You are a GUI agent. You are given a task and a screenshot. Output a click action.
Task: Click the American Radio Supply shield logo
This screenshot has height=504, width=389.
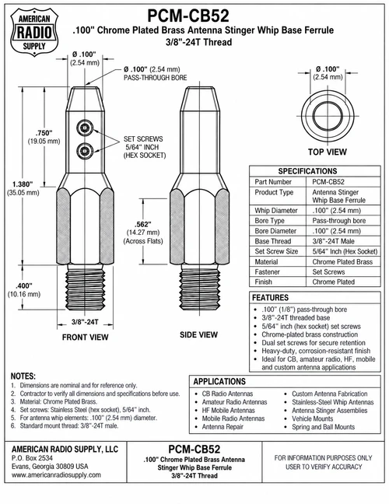[x=34, y=33]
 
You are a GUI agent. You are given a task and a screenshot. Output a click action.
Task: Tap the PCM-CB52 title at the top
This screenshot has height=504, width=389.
[x=188, y=16]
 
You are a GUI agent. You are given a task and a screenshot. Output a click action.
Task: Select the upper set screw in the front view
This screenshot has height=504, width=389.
[x=85, y=128]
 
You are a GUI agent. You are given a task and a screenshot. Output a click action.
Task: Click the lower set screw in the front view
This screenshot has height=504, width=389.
[x=85, y=150]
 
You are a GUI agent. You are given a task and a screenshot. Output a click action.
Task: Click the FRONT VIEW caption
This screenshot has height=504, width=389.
[x=86, y=338]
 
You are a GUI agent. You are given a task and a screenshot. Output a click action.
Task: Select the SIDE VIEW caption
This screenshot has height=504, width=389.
[x=198, y=334]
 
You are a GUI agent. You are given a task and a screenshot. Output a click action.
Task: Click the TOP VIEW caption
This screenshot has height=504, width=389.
[x=328, y=152]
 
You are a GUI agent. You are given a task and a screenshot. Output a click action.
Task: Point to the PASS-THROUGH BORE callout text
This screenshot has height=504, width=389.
[x=156, y=78]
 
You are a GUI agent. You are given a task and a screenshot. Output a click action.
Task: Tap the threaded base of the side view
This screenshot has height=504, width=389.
[x=200, y=288]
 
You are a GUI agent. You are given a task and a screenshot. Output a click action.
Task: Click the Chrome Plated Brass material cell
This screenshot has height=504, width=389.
[x=342, y=261]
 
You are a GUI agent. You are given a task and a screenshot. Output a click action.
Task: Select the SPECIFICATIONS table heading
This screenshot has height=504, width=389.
[x=307, y=171]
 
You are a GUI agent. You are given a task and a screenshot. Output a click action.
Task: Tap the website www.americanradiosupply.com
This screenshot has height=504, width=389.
[x=56, y=474]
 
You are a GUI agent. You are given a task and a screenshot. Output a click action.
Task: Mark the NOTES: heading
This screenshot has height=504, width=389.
[x=23, y=376]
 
